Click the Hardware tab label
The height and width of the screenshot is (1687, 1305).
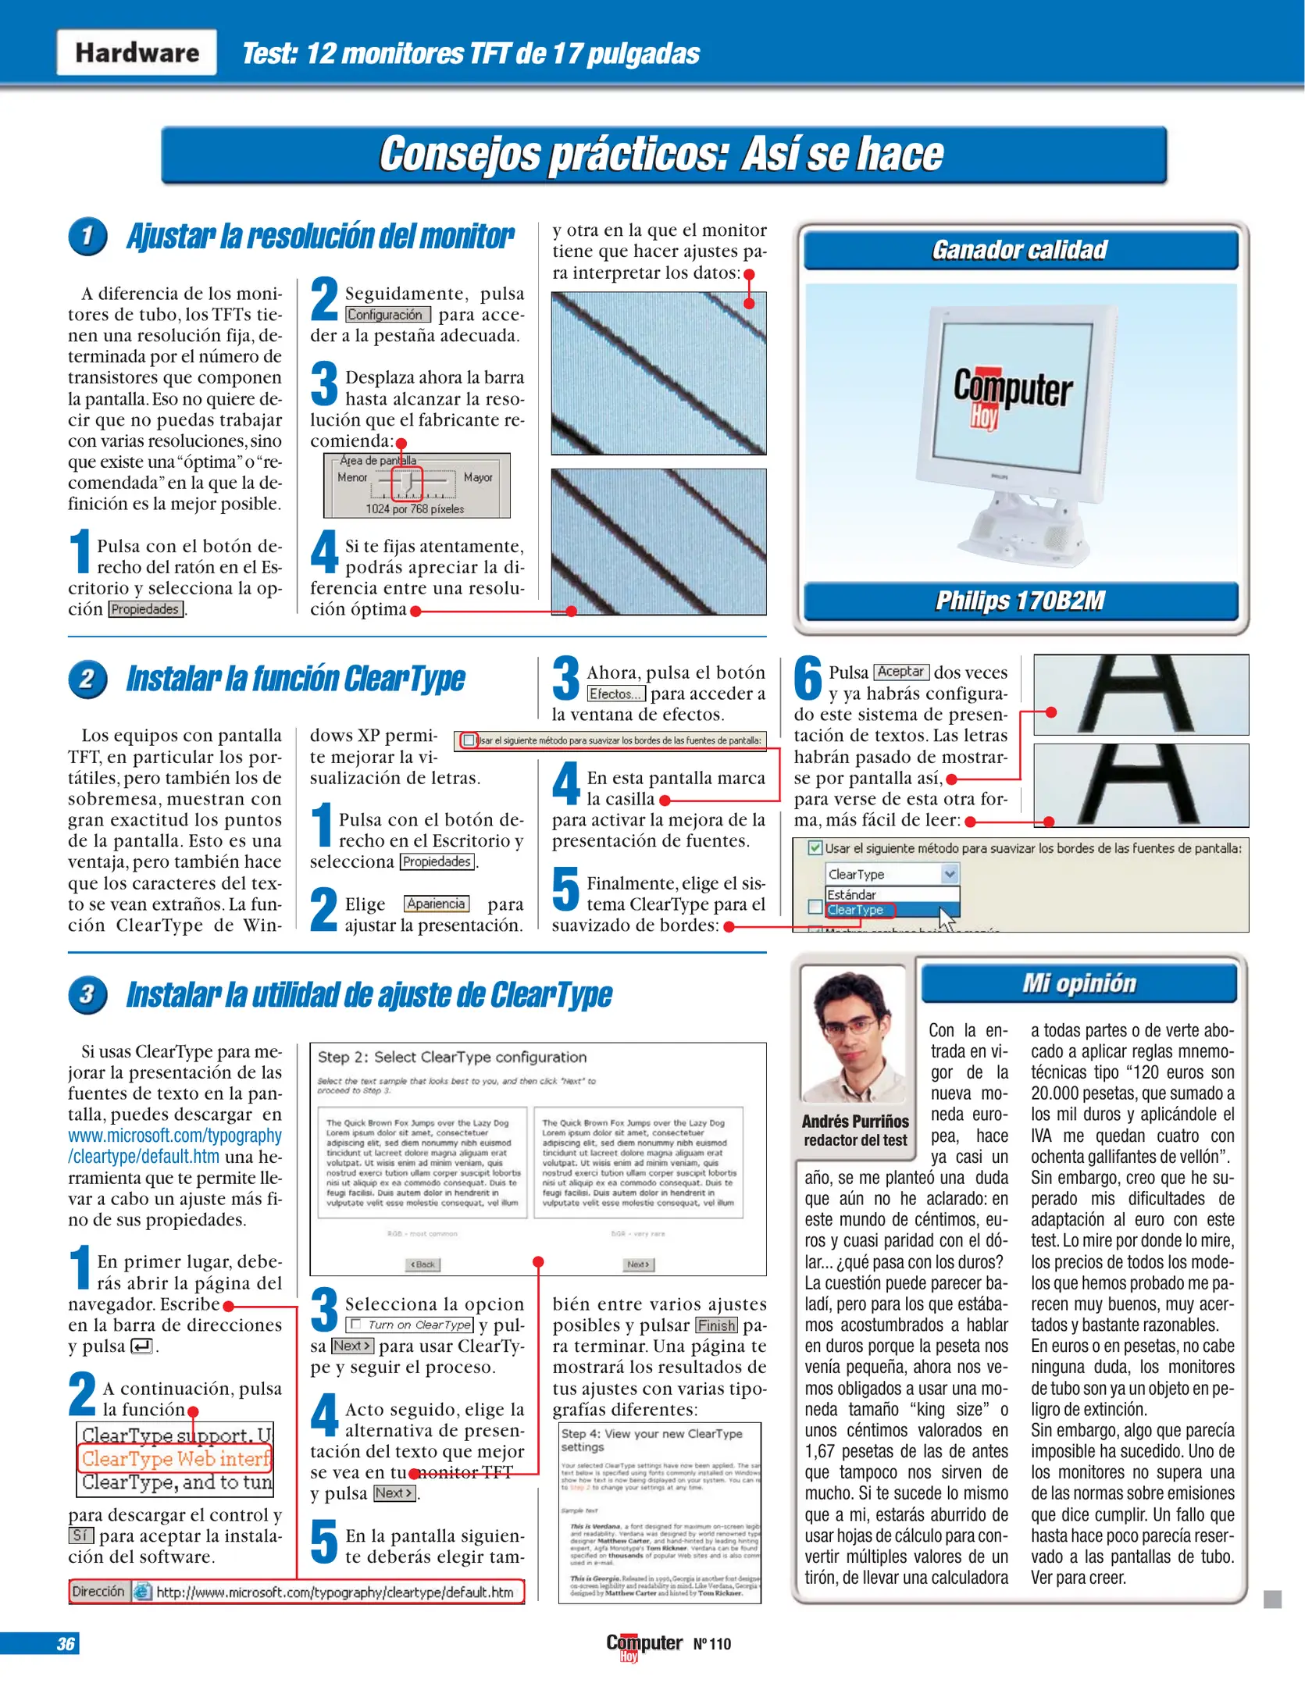137,53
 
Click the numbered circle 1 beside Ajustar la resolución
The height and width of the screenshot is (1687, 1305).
87,236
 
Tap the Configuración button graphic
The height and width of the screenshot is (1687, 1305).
387,315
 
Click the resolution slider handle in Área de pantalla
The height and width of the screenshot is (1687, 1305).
407,485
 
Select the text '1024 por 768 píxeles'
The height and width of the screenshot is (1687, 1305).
415,509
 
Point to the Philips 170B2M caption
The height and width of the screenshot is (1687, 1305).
1020,601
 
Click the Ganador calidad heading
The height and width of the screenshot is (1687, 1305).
1020,250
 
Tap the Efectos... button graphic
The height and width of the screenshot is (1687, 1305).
615,694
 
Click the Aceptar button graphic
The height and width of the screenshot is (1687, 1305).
900,672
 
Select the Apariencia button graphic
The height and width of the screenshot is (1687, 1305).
436,904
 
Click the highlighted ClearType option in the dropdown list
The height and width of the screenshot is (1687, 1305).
857,910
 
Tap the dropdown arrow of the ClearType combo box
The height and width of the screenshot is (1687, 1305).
949,874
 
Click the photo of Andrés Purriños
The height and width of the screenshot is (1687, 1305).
853,1033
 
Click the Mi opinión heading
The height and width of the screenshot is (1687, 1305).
1079,983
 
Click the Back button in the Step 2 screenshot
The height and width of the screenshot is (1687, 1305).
423,1264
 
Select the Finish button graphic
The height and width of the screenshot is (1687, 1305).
716,1325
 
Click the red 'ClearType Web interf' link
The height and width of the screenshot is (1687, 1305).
175,1458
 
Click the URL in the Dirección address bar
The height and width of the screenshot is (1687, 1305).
335,1592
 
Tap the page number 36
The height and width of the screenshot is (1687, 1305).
66,1643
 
